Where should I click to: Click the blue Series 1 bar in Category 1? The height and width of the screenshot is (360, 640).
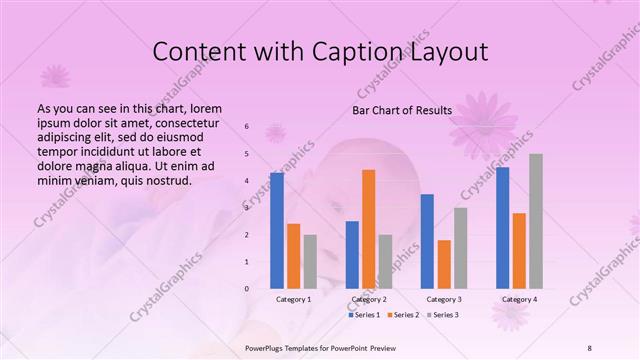click(276, 230)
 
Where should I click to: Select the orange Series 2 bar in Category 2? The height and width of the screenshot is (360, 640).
click(368, 229)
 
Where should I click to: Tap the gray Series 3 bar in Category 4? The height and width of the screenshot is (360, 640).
click(536, 221)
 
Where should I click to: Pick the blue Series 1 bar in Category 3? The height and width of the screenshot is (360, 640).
click(427, 241)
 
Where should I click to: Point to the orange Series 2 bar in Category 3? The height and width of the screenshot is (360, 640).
click(444, 264)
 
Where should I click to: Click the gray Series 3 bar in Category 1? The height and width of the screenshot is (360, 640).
click(310, 261)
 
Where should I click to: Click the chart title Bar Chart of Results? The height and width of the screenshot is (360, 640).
click(402, 110)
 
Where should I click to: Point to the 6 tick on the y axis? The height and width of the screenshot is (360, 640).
click(246, 127)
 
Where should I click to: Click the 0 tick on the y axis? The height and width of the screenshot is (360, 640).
click(246, 288)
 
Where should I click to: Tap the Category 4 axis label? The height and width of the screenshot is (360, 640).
click(519, 299)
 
